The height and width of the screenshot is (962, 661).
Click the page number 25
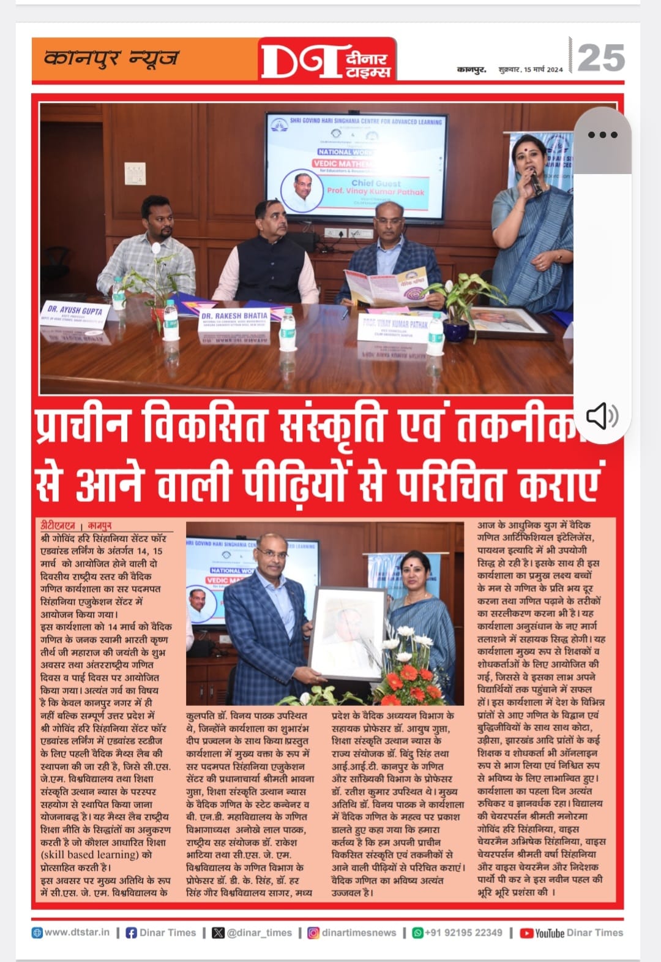[x=600, y=59]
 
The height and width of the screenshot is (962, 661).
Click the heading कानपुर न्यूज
[x=111, y=59]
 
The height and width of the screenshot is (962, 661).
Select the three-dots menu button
[x=602, y=135]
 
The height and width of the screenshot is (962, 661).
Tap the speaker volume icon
[x=602, y=416]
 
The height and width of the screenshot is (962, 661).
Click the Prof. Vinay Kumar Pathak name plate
[x=395, y=327]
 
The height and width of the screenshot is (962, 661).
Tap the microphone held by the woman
[x=535, y=181]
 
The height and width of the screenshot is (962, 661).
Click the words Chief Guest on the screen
[x=376, y=183]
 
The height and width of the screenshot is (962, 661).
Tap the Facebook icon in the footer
[x=131, y=933]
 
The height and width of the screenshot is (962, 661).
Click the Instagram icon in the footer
[x=313, y=933]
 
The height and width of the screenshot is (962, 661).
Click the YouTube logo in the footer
[x=541, y=933]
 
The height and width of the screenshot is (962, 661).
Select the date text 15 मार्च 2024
[x=543, y=70]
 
